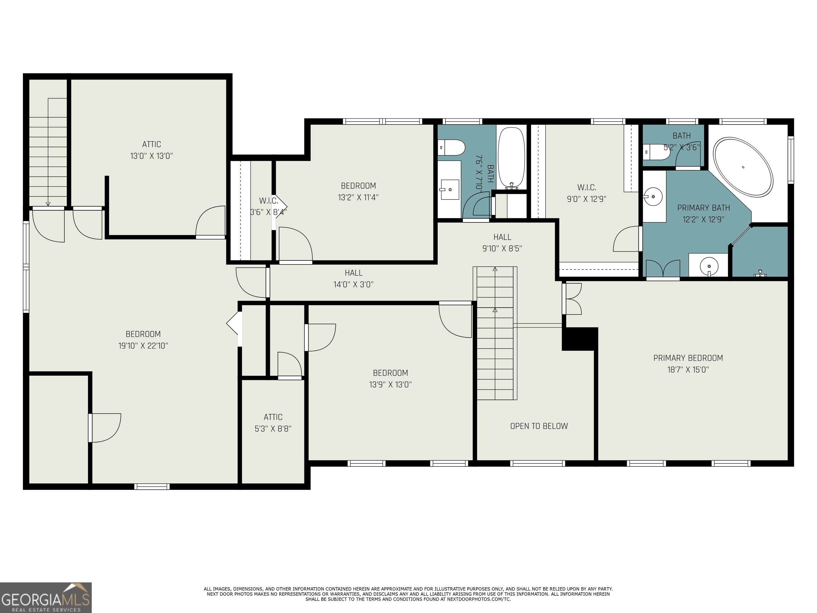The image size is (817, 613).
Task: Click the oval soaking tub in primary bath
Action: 743,167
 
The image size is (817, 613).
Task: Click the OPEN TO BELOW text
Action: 539,426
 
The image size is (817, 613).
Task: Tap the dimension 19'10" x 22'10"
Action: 143,346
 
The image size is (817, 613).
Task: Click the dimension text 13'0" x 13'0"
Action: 151,156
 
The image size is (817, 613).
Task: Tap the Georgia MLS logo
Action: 45,598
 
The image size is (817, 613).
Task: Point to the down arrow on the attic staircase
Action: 48,204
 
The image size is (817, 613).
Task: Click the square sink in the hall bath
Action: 449,189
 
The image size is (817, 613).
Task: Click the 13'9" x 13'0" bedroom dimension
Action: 390,385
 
